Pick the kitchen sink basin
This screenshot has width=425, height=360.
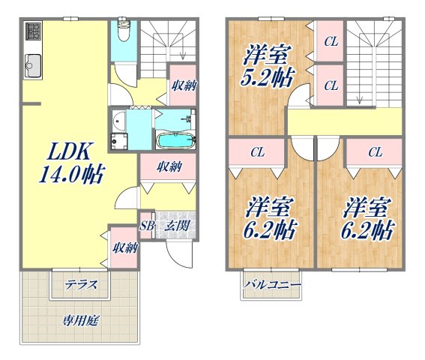pos(34,67)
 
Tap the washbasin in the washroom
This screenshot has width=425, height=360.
pos(118,123)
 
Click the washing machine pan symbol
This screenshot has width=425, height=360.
pos(118,140)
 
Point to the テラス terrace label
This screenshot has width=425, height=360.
pos(79,284)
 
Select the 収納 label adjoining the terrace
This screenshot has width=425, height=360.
pos(124,247)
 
